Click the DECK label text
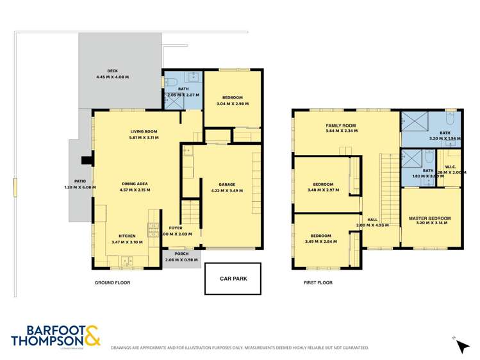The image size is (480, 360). tap(112, 71)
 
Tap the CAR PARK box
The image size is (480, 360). tap(233, 279)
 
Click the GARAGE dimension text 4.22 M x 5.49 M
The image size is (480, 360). tap(228, 190)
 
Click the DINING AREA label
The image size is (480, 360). tap(135, 184)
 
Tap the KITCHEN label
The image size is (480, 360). tap(127, 236)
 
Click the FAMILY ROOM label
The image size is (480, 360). tap(341, 125)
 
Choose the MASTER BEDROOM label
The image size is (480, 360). tap(429, 218)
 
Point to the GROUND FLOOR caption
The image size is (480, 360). tap(113, 282)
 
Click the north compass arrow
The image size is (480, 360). tap(463, 345)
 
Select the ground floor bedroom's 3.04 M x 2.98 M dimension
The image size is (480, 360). tap(232, 104)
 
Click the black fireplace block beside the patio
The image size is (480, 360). tap(85, 161)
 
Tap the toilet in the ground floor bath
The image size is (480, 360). tap(171, 82)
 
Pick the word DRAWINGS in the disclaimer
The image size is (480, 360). tap(124, 348)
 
